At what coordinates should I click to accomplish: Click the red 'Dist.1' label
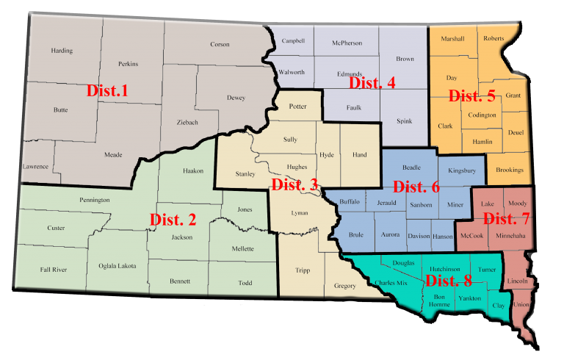tap(107, 91)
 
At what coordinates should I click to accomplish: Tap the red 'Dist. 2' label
tap(173, 219)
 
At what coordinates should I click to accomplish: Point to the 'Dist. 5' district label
tap(472, 96)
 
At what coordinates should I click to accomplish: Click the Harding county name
tap(62, 51)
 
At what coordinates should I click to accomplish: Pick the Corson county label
tap(220, 44)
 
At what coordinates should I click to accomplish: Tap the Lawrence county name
tap(35, 167)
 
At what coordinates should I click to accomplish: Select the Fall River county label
tap(54, 270)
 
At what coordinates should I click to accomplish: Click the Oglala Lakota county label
tap(117, 266)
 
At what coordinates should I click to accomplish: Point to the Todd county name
tap(245, 283)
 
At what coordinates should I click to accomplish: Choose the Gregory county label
tap(344, 285)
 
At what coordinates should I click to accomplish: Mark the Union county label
tap(521, 304)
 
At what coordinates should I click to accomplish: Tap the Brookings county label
tap(510, 170)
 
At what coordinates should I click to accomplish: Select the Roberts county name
tap(493, 38)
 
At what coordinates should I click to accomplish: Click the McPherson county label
tap(347, 43)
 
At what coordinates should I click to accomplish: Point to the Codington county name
tap(482, 115)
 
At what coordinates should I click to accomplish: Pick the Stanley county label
tap(245, 174)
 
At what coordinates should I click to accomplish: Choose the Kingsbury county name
tap(462, 170)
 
